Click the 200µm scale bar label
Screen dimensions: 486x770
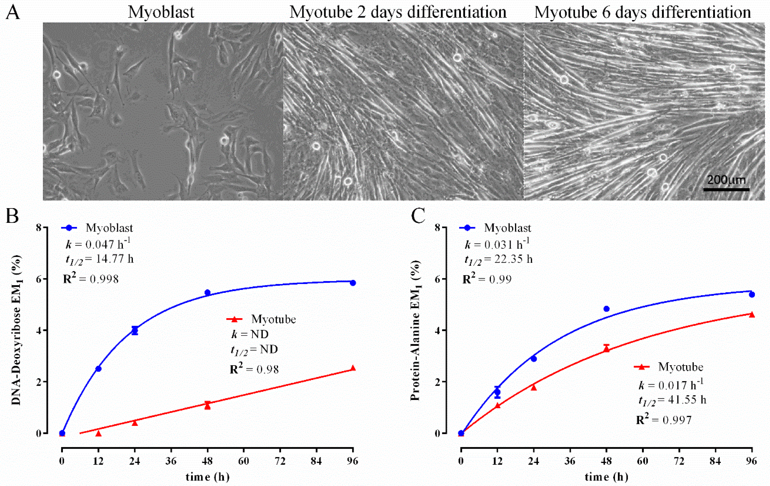[x=726, y=180]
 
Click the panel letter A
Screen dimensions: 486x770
[x=13, y=13]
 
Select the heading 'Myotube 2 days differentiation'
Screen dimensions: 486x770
[x=398, y=13]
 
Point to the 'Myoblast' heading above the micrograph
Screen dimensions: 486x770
[x=161, y=13]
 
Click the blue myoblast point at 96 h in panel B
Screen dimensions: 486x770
[x=353, y=283]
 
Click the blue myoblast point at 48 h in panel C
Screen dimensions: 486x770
[x=606, y=309]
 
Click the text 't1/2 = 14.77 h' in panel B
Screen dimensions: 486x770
[x=100, y=259]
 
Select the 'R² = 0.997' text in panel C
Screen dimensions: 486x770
[x=664, y=419]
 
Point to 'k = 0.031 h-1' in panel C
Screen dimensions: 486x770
[x=497, y=244]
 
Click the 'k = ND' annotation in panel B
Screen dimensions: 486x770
[x=250, y=334]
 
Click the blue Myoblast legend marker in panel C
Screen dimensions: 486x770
[x=468, y=228]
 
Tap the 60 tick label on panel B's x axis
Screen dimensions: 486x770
[x=244, y=461]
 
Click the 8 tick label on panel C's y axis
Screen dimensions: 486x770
[x=437, y=228]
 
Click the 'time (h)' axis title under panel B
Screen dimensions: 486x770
[x=207, y=477]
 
